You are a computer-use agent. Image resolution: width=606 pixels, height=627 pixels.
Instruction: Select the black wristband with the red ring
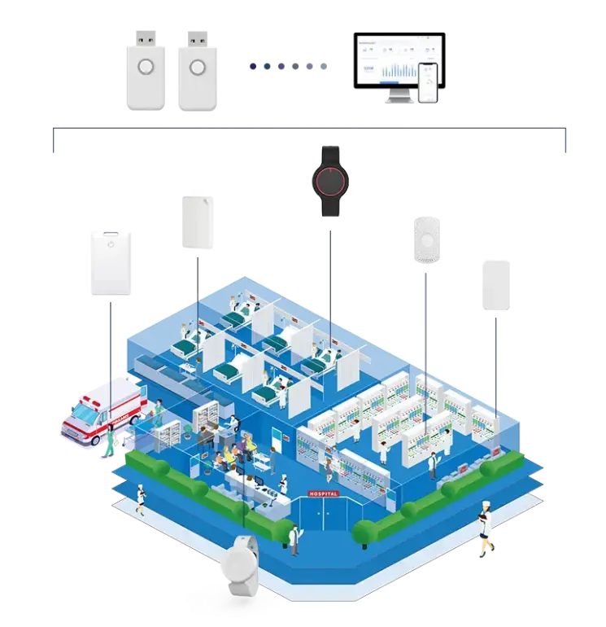coord(330,181)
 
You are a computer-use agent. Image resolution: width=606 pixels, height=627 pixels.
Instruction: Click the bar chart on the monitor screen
coord(404,69)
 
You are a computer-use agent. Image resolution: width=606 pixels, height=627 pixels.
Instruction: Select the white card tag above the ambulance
coord(111,262)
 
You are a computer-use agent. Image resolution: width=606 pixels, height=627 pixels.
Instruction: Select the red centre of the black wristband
coord(330,180)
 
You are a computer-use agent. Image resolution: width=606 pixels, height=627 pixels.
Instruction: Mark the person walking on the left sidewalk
coord(141,498)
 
